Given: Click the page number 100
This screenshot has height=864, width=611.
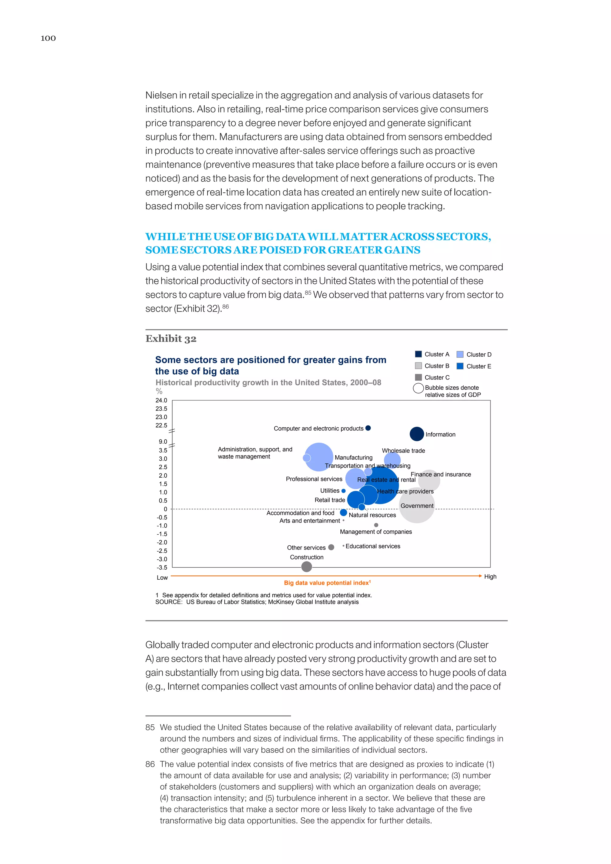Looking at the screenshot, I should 48,38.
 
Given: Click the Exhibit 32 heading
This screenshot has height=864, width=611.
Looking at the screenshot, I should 171,339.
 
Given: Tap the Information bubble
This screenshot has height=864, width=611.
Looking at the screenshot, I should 416,434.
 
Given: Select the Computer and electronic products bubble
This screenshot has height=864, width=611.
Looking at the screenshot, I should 368,428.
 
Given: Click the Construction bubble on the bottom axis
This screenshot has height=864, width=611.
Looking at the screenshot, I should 307,566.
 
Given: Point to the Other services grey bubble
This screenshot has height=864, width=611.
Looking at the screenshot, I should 331,547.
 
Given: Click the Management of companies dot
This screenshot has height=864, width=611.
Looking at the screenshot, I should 376,525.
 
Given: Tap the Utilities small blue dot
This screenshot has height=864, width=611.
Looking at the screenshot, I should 343,491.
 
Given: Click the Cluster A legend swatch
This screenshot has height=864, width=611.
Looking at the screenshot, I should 418,354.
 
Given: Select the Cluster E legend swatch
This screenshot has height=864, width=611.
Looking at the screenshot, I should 460,366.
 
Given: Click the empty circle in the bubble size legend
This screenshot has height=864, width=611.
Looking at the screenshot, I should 418,388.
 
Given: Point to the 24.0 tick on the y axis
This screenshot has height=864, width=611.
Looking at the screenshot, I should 161,400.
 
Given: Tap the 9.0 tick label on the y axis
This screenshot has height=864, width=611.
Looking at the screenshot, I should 163,442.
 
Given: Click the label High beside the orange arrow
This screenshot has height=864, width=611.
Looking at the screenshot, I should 490,576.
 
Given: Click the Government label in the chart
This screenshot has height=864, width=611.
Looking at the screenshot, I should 417,506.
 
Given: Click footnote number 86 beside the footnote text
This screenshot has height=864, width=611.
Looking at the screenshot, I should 150,764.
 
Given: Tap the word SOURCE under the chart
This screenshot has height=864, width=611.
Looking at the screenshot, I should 169,602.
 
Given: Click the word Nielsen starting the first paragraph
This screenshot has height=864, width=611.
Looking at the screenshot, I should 161,95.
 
